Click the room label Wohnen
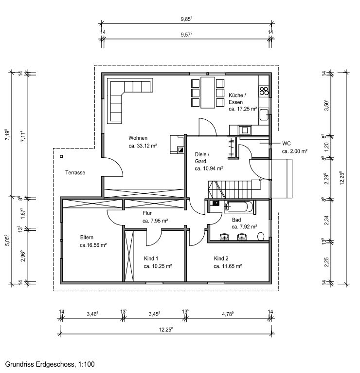138,138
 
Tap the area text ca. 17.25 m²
242,110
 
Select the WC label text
286,144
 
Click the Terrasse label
75,172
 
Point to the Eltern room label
87,238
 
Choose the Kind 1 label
151,258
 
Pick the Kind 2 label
221,258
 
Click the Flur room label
148,213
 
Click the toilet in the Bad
261,237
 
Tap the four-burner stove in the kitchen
264,90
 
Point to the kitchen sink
264,115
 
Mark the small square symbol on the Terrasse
62,156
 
